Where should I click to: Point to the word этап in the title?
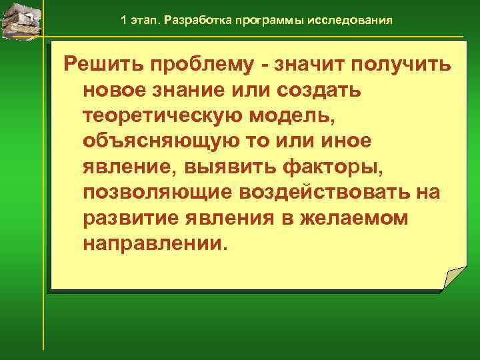(143, 20)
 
